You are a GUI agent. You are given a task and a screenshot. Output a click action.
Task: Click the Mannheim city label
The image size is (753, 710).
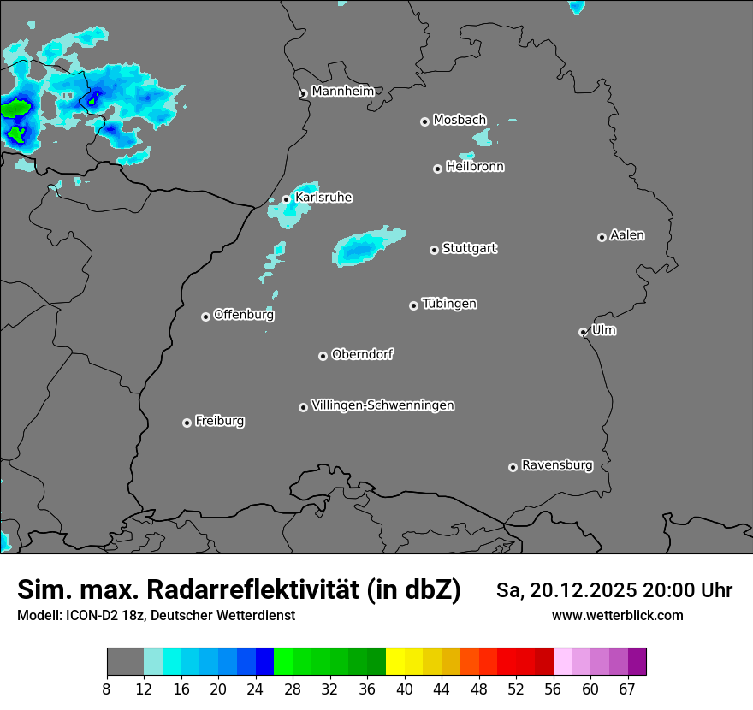pyautogui.click(x=343, y=91)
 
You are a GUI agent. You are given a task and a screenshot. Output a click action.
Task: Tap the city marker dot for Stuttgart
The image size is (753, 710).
pyautogui.click(x=434, y=250)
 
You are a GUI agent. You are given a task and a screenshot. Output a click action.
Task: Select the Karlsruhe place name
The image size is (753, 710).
pyautogui.click(x=323, y=198)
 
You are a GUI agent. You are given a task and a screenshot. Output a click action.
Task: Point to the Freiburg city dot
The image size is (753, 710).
pyautogui.click(x=187, y=423)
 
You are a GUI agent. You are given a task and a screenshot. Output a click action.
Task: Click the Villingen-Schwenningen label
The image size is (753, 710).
pyautogui.click(x=382, y=405)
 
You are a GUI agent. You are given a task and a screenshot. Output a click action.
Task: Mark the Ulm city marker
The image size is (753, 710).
pyautogui.click(x=583, y=332)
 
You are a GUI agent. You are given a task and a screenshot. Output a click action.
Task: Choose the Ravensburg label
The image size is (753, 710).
pyautogui.click(x=557, y=465)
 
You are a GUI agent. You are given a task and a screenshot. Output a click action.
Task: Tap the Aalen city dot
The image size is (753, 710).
pyautogui.click(x=602, y=237)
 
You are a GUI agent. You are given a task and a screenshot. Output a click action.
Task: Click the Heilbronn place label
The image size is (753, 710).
pyautogui.click(x=475, y=167)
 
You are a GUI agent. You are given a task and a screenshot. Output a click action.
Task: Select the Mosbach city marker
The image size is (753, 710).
pyautogui.click(x=424, y=121)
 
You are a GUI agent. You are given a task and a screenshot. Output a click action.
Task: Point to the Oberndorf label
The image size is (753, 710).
pyautogui.click(x=362, y=354)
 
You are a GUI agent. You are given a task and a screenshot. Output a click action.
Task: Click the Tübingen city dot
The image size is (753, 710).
pyautogui.click(x=413, y=305)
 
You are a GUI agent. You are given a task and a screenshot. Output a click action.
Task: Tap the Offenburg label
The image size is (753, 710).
pyautogui.click(x=244, y=315)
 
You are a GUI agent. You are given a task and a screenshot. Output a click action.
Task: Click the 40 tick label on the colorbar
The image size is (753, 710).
pyautogui.click(x=405, y=689)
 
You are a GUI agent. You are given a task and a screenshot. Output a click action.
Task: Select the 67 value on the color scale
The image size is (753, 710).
pyautogui.click(x=627, y=689)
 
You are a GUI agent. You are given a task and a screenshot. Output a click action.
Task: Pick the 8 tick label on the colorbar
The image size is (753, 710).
pyautogui.click(x=107, y=689)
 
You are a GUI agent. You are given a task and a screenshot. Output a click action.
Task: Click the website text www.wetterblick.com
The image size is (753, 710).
pyautogui.click(x=618, y=615)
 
